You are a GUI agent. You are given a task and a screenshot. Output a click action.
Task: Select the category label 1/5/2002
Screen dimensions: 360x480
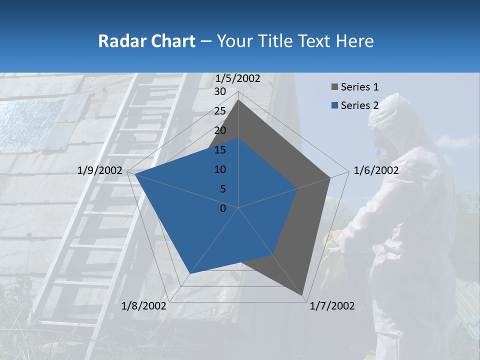(238, 78)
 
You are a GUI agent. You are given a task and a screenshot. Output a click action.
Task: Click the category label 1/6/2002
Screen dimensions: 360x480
(376, 170)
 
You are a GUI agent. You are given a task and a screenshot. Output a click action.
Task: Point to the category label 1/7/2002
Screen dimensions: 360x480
(332, 306)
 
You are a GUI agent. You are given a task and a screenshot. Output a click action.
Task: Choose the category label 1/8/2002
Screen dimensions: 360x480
(144, 306)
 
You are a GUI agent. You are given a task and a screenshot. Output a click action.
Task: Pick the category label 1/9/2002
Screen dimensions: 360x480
(100, 170)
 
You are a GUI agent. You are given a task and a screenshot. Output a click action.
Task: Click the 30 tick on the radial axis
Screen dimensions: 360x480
(220, 91)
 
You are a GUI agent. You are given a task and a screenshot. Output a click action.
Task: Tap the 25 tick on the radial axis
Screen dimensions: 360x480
(220, 111)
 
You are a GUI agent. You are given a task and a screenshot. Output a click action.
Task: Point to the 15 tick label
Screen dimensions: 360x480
(220, 150)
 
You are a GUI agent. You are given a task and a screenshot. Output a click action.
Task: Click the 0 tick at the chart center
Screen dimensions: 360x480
(223, 208)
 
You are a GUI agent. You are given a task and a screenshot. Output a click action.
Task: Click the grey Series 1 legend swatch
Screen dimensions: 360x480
(334, 87)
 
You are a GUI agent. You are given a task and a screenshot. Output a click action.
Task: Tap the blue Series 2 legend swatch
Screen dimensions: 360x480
(334, 105)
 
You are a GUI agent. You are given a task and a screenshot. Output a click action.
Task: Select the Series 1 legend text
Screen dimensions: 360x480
(359, 87)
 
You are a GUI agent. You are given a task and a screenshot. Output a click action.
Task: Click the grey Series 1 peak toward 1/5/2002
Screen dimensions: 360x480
(238, 100)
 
